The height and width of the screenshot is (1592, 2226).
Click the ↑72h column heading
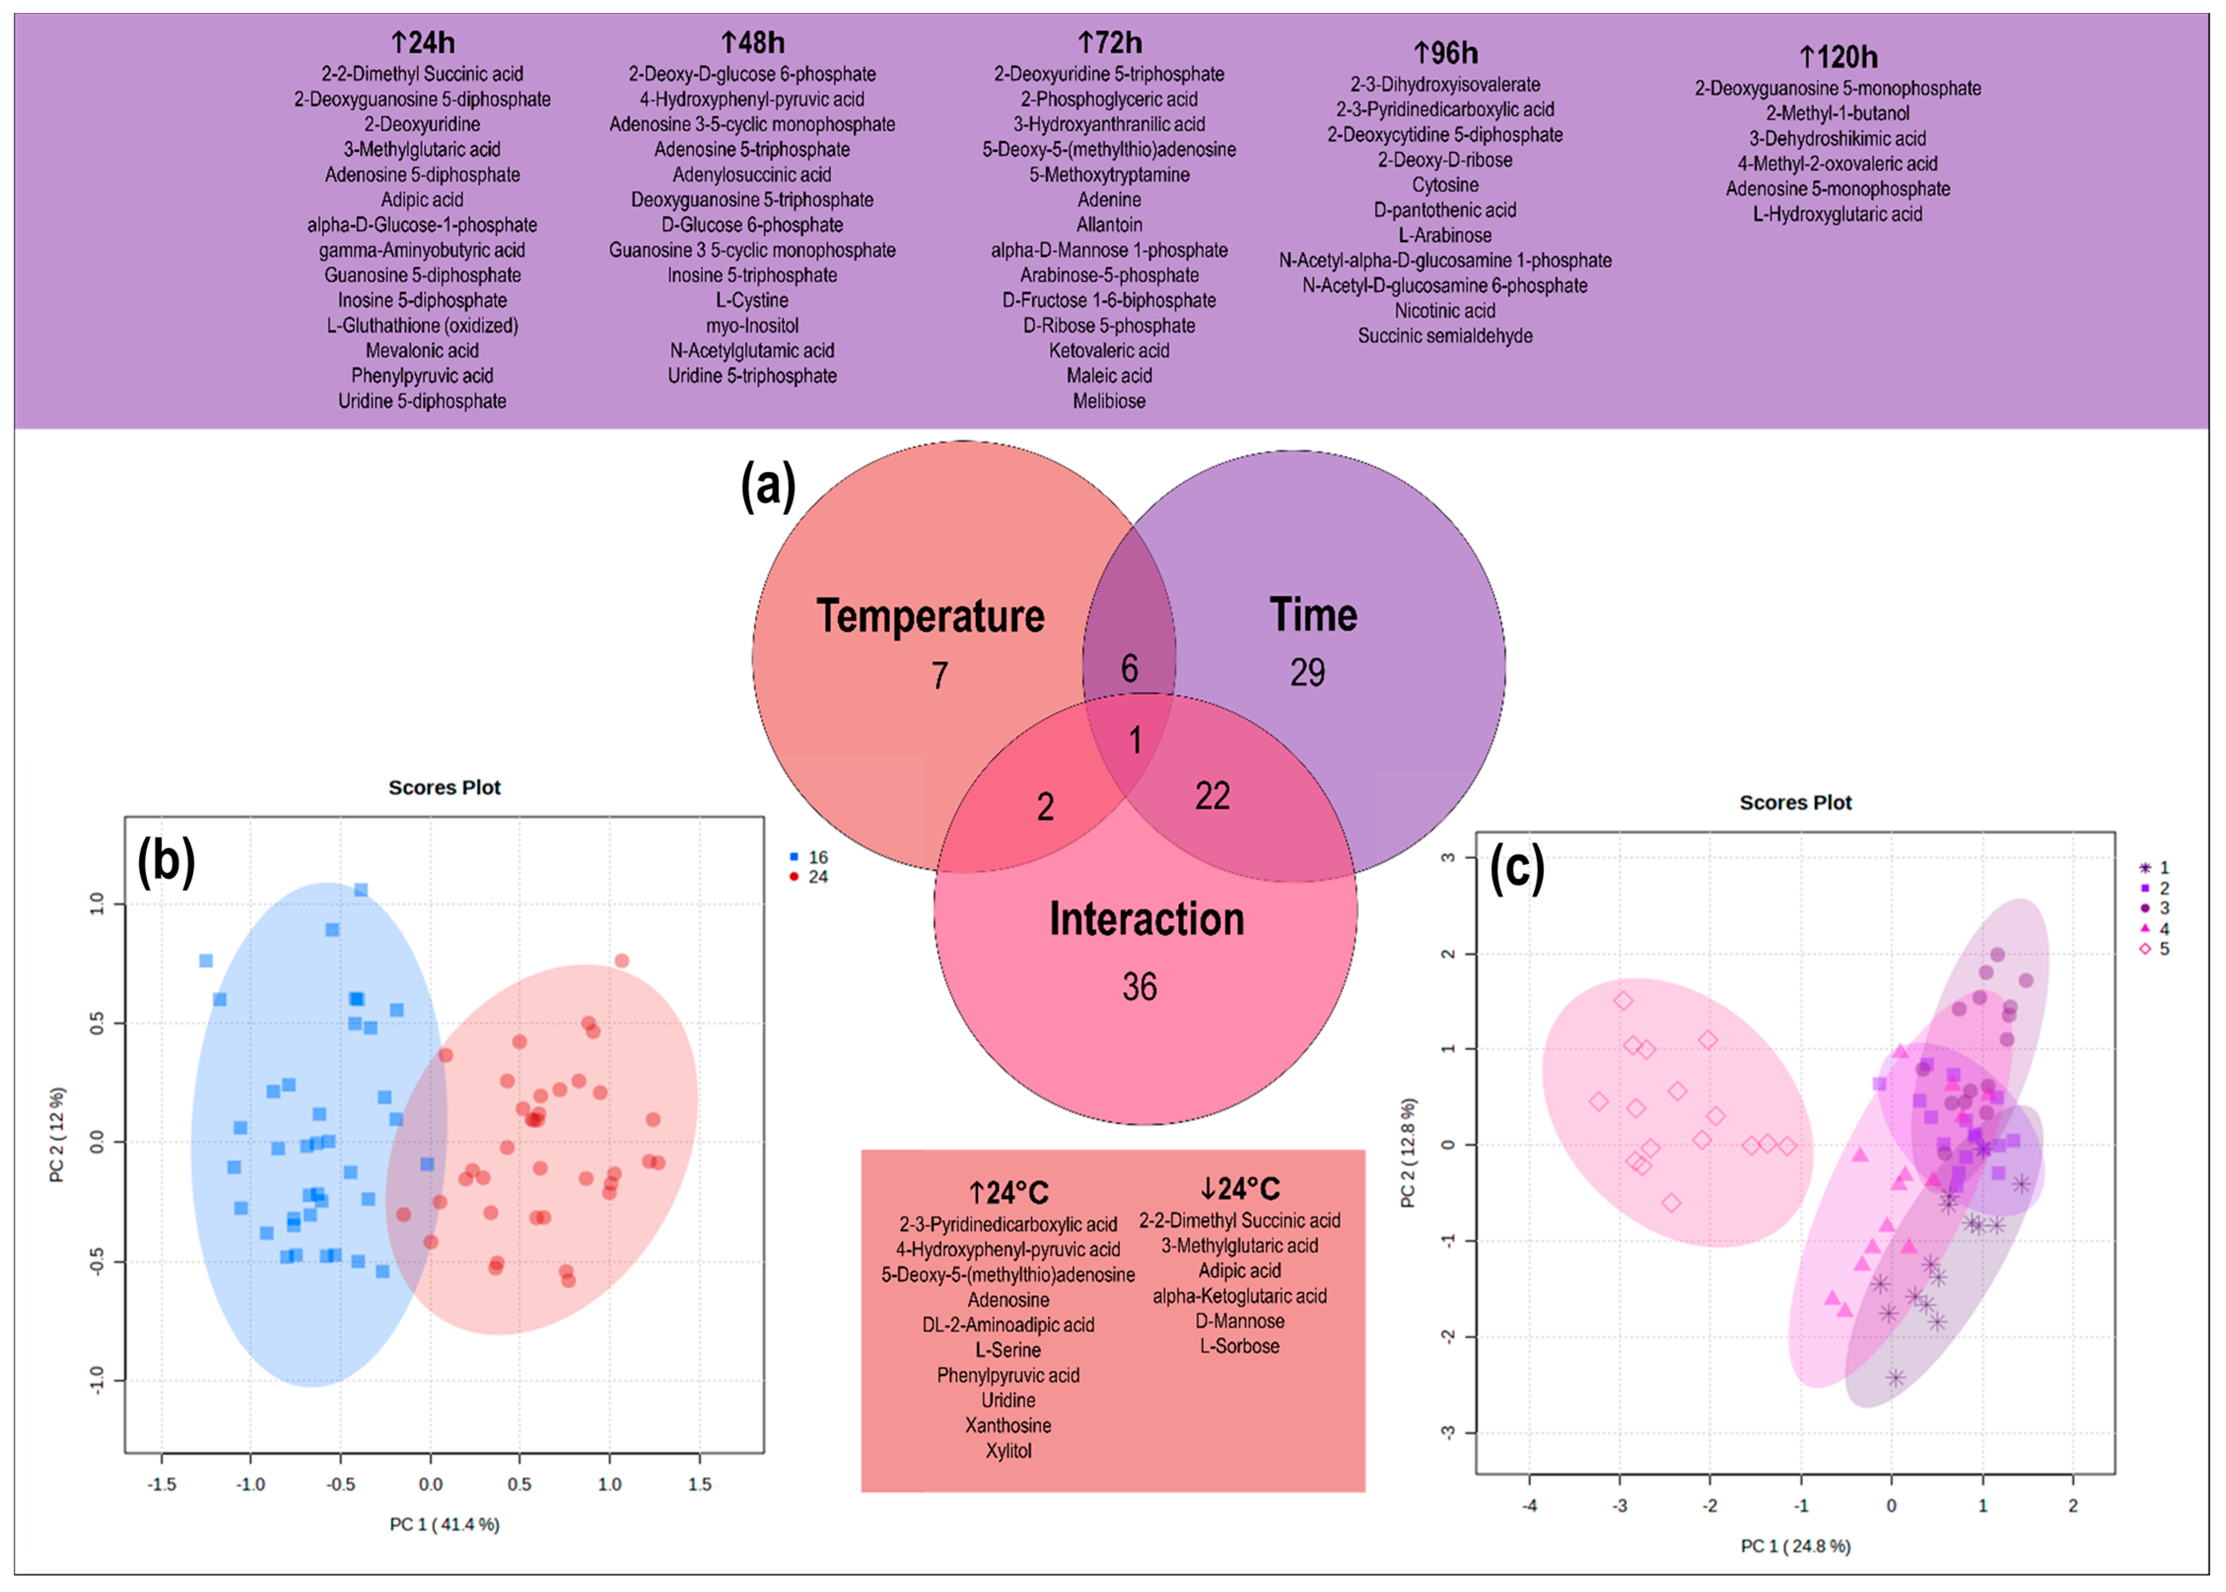click(1110, 43)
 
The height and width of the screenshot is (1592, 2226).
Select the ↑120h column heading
click(1838, 57)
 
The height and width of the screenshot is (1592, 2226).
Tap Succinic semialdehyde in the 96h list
click(1445, 336)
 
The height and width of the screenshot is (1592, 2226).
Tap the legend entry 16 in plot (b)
click(818, 857)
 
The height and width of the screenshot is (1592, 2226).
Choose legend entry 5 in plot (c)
click(2163, 949)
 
